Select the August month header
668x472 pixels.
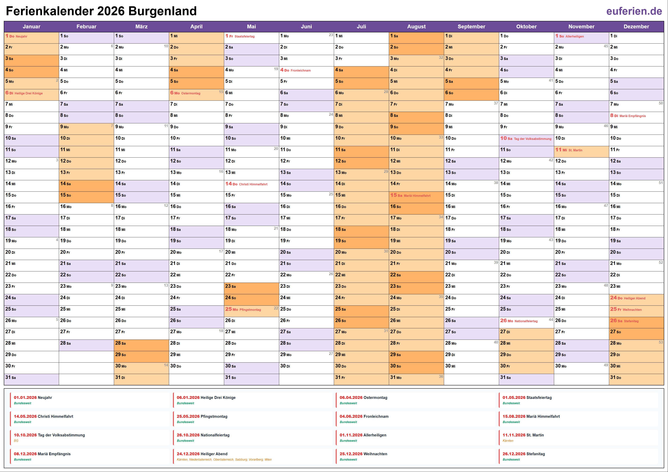click(x=416, y=26)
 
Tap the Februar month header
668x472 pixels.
click(x=86, y=26)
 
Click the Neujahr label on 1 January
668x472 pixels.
click(x=21, y=36)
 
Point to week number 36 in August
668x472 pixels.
click(x=441, y=376)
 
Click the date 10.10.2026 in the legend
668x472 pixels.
click(x=25, y=435)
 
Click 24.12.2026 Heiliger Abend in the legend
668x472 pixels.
click(x=202, y=454)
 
